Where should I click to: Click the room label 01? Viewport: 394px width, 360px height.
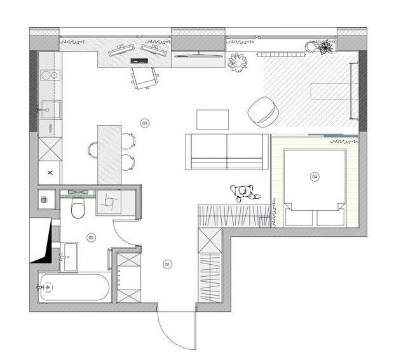pos(168,264)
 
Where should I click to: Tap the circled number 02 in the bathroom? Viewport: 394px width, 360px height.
pos(91,237)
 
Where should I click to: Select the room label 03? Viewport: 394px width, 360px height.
pos(145,123)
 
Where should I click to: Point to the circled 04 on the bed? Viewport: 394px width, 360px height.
pos(315,177)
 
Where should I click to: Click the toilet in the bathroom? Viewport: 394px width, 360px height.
pos(78,208)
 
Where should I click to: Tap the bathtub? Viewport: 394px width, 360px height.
pos(74,288)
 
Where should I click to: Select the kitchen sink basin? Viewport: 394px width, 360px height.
pos(51,110)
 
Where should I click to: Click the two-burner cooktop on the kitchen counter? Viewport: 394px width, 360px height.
pos(50,75)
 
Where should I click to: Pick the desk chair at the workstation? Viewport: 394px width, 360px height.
pos(145,78)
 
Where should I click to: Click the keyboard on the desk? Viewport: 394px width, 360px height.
pos(139,61)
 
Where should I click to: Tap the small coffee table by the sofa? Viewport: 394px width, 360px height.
pos(213,120)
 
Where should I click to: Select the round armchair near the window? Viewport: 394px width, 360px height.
pos(263,110)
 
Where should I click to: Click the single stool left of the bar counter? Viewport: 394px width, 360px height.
pos(93,150)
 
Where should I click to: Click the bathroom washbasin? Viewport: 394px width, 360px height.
pos(69,257)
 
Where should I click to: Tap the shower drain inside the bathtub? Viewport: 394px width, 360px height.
pos(48,287)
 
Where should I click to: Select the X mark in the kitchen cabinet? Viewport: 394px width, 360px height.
pos(50,173)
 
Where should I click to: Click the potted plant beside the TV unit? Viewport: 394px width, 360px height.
pos(237,62)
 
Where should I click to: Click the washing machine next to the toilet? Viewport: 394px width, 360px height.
pos(109,203)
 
